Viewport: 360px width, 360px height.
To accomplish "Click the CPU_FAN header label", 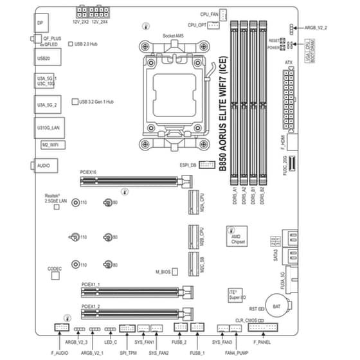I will tap(209, 13).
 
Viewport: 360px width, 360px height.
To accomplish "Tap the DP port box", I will tap(40, 22).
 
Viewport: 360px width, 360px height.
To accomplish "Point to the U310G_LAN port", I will tap(44, 128).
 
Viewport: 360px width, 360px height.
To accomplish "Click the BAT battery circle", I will tap(276, 307).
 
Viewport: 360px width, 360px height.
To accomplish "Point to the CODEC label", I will tap(55, 267).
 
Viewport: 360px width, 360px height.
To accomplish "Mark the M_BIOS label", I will tap(165, 273).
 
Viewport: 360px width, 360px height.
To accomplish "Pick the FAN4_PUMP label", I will tap(237, 353).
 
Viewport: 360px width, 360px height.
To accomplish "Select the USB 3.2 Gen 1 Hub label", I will tap(97, 102).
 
